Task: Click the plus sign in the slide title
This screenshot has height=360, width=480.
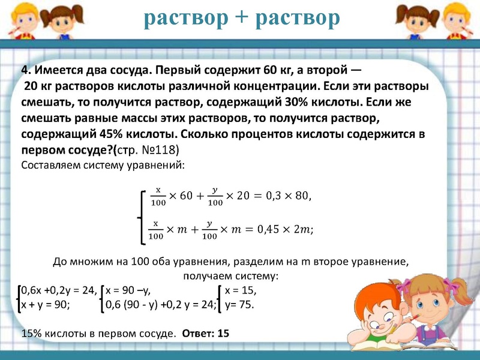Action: click(x=241, y=19)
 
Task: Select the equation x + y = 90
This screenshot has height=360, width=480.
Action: click(x=46, y=304)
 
